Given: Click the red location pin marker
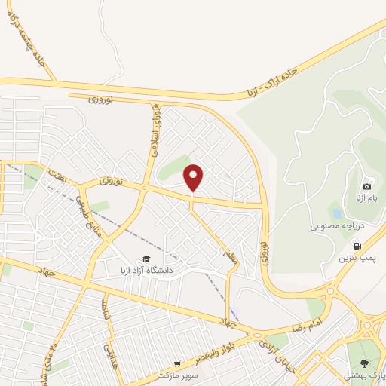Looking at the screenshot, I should click(194, 178).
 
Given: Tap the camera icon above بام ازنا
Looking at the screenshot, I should click(367, 186).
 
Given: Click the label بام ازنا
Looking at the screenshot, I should click(366, 199).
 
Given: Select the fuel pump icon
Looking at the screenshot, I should click(357, 246).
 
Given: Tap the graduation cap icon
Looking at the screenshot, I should click(145, 259).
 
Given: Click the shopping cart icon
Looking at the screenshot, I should click(178, 363).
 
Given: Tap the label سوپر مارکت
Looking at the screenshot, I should click(178, 375).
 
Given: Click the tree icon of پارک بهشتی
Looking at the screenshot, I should click(365, 364).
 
